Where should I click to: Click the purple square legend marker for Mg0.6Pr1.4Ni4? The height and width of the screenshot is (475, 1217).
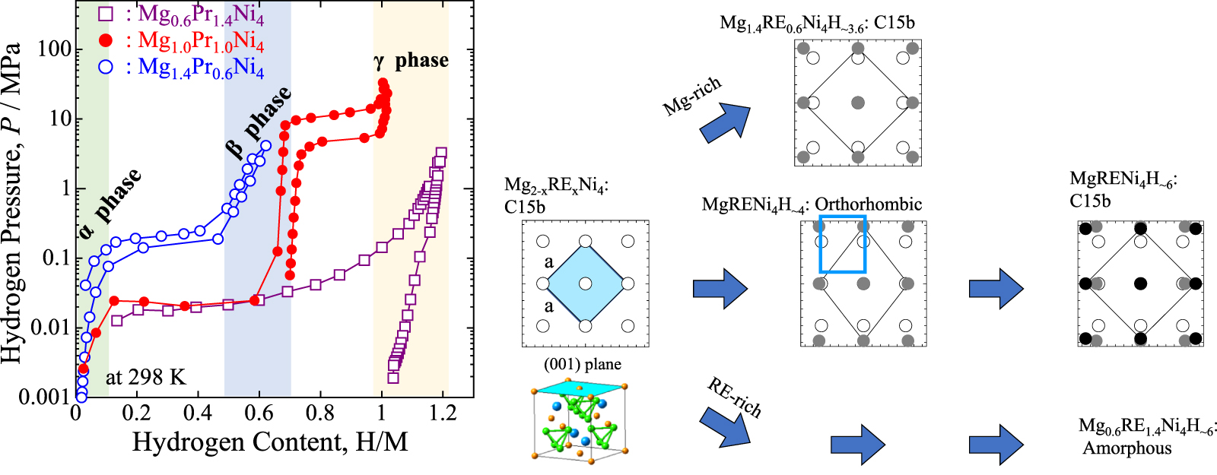click(106, 14)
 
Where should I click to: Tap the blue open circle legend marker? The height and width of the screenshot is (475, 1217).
click(106, 67)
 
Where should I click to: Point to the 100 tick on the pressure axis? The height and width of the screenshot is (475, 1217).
click(55, 49)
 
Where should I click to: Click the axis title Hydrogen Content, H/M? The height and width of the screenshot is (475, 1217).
click(270, 442)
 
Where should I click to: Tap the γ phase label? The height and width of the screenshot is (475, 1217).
click(411, 61)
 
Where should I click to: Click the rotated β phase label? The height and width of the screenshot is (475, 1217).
click(259, 122)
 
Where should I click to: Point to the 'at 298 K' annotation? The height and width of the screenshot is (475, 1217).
click(145, 377)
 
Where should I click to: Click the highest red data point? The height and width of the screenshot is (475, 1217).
click(383, 83)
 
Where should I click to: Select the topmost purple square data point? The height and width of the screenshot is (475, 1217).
click(440, 153)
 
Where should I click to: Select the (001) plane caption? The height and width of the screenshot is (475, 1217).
click(582, 365)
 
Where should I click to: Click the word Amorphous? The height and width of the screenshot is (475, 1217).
click(1127, 448)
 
